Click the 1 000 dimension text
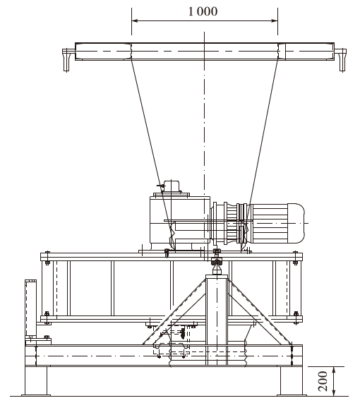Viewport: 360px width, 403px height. (203, 11)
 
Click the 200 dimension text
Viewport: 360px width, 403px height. (323, 381)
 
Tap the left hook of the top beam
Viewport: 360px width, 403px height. (66, 60)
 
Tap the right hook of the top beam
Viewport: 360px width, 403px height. (342, 60)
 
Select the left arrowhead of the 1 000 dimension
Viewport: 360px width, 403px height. (135, 20)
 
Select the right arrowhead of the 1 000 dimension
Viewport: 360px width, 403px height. (275, 20)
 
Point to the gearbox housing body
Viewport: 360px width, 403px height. (180, 220)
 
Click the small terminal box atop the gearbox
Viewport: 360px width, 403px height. (172, 186)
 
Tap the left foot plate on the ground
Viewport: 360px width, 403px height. (36, 395)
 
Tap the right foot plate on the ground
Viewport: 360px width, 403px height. (292, 395)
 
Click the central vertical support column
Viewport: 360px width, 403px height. (217, 320)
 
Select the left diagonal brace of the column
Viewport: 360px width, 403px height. (174, 312)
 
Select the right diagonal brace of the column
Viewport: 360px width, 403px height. (259, 312)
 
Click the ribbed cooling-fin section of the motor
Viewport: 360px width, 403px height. (270, 223)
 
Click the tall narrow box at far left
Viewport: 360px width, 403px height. (30, 308)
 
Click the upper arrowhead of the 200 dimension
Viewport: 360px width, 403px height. (334, 371)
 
